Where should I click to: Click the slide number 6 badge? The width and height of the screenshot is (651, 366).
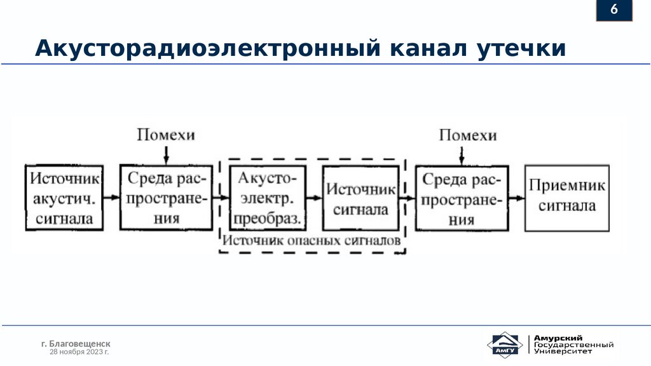point(614,11)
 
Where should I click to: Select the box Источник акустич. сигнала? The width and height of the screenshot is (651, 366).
point(64,198)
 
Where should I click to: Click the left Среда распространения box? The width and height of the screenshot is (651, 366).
point(167,198)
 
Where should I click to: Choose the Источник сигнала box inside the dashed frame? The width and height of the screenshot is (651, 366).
point(360,198)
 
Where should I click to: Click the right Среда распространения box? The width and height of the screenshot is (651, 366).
point(462,198)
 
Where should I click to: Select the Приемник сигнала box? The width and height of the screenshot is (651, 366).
point(566,198)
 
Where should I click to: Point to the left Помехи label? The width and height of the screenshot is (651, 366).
point(166,135)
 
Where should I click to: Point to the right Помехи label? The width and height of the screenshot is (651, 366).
point(467,135)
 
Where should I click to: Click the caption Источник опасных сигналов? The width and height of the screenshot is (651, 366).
point(311,241)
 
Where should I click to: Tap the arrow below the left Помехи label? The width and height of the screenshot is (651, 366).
point(166,154)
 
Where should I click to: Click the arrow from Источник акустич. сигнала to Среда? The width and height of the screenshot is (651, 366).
point(111,198)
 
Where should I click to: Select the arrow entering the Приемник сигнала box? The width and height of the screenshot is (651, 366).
point(517,198)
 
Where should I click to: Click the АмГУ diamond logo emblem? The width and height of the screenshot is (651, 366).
point(505,346)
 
